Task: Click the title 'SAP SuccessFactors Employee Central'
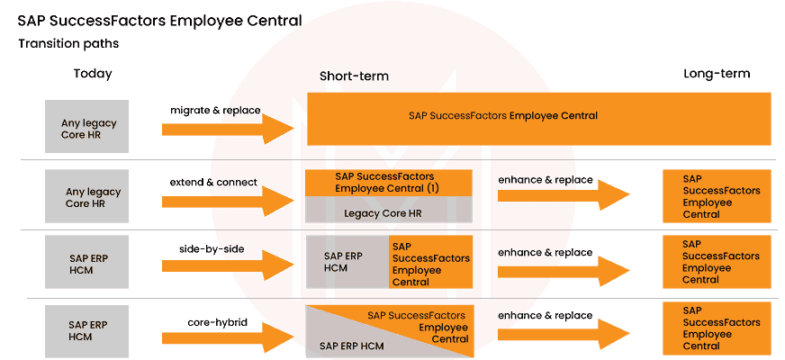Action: (159, 21)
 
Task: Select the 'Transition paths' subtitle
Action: (68, 43)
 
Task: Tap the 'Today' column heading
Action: (93, 74)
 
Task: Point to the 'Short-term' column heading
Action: (354, 76)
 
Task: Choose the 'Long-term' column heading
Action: (717, 74)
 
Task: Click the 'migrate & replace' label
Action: (215, 111)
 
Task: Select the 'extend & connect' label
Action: (214, 183)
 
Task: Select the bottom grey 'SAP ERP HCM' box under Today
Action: (87, 329)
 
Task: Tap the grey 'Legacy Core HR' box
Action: (389, 211)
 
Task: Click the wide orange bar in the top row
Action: (538, 117)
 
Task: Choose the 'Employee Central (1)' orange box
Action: (389, 183)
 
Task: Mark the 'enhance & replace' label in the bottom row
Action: (546, 316)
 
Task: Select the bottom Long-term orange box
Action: (717, 328)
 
